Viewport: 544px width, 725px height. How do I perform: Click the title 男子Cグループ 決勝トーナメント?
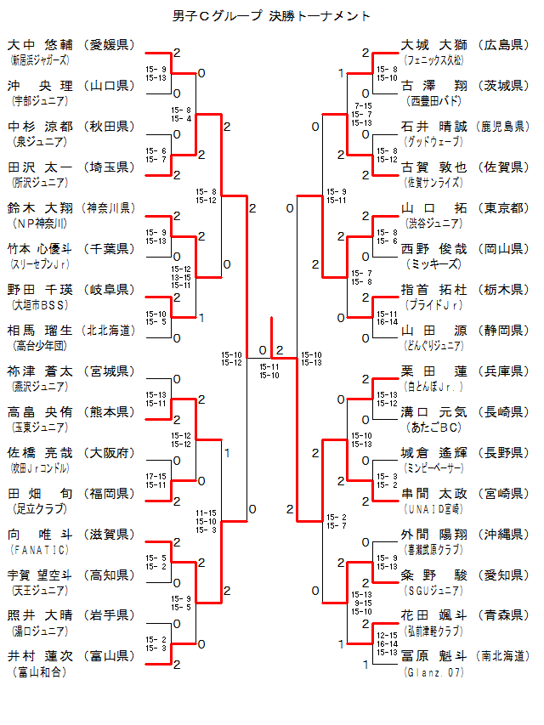(x=271, y=15)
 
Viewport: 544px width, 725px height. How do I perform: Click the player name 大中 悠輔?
(x=41, y=45)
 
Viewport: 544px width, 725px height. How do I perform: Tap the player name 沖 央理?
(x=41, y=86)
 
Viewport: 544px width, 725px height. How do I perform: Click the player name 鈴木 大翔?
(x=41, y=208)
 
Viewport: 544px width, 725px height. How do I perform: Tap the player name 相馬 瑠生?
(x=41, y=331)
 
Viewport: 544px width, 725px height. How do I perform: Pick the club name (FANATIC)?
(x=35, y=549)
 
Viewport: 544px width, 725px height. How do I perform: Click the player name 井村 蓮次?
(x=41, y=657)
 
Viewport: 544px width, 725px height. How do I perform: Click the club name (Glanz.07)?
(x=434, y=671)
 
